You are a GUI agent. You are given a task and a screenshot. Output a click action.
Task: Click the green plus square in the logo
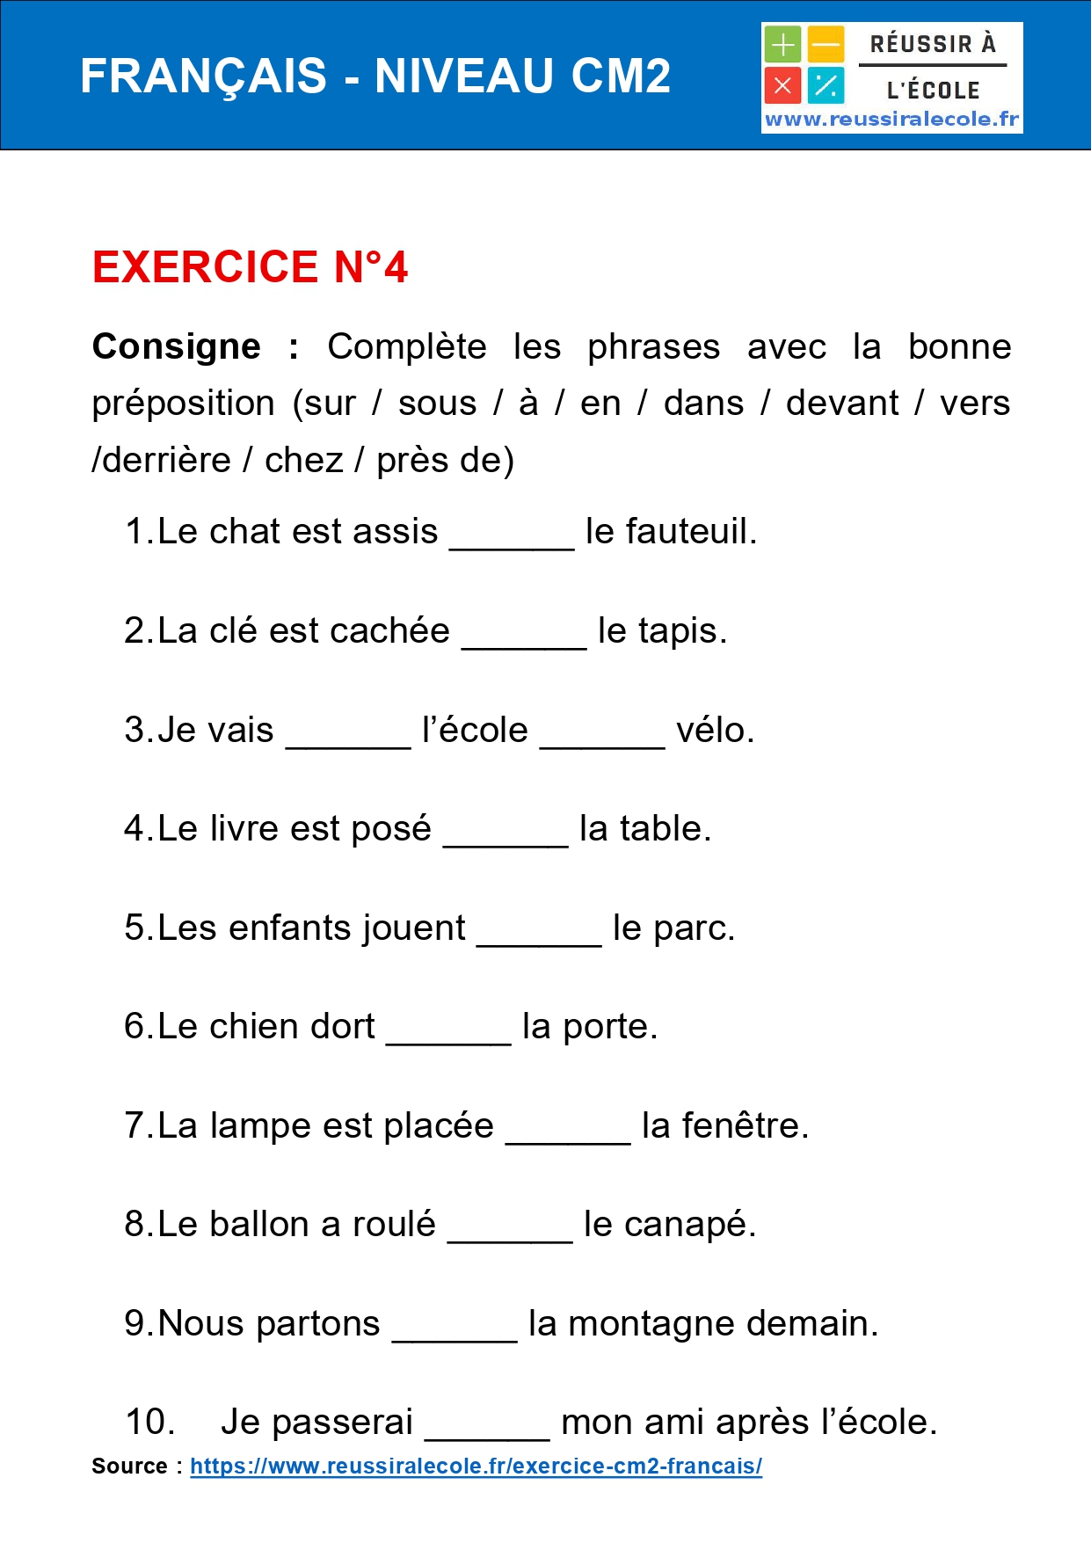782,44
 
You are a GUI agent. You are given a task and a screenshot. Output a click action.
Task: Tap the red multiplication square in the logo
782,86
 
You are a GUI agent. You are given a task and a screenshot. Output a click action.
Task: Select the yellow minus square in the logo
826,44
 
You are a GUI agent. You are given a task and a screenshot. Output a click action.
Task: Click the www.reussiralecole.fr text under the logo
891,120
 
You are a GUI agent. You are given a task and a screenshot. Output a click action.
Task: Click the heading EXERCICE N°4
251,267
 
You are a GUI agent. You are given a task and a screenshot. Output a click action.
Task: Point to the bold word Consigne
177,346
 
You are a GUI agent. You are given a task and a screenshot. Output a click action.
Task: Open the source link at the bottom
476,1467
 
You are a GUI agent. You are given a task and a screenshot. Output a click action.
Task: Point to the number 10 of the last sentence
149,1423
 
